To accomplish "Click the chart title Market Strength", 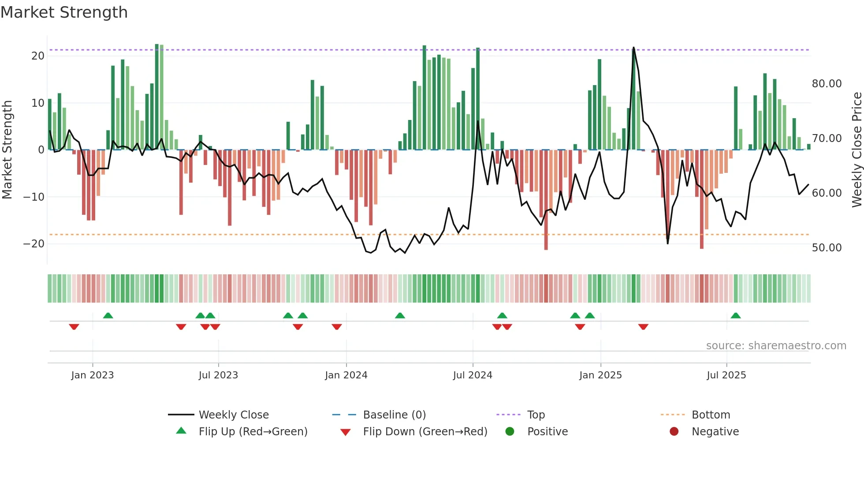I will [x=64, y=12].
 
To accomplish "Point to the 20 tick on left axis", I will [x=38, y=56].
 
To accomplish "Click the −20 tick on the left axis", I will [x=34, y=244].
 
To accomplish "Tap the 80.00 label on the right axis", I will [x=827, y=84].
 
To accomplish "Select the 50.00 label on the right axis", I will [x=827, y=248].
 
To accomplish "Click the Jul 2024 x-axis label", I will [x=473, y=375].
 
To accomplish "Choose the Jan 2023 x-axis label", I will [x=93, y=375].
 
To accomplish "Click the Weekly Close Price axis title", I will [x=857, y=150].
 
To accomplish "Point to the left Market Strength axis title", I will [x=7, y=150].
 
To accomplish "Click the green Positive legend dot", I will [x=510, y=432].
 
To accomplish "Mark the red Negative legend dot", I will [x=674, y=432].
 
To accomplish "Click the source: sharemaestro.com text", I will [x=776, y=346].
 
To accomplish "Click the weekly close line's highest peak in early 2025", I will [x=633, y=48].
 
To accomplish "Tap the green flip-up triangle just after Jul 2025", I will [x=735, y=315].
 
